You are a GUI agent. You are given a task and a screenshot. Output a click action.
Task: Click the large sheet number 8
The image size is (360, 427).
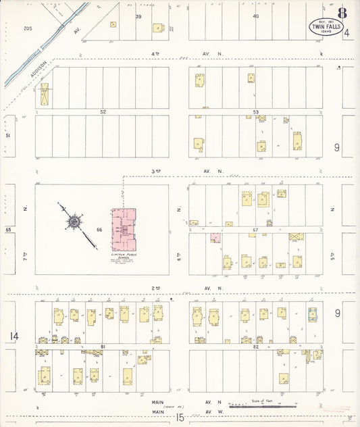point(343,13)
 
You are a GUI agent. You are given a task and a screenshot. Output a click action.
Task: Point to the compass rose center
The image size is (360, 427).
point(73,221)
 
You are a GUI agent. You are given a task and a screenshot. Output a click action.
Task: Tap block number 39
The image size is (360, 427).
point(138,16)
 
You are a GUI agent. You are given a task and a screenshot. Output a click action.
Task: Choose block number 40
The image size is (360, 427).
point(255,16)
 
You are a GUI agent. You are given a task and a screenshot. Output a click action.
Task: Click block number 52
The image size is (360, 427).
point(103,111)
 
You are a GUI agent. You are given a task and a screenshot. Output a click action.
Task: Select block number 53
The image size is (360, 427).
point(255,111)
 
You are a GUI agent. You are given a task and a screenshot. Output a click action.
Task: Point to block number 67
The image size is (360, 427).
point(255,230)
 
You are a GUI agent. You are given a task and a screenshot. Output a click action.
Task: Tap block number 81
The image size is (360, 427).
point(103,347)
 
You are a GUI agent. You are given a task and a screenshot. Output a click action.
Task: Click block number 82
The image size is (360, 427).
point(255,347)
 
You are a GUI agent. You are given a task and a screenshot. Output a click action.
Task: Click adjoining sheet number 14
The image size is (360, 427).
point(13,336)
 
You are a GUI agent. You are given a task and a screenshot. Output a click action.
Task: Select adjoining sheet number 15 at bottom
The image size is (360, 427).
point(180,418)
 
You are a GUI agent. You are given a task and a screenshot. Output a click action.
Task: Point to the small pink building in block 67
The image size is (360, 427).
point(215,238)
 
